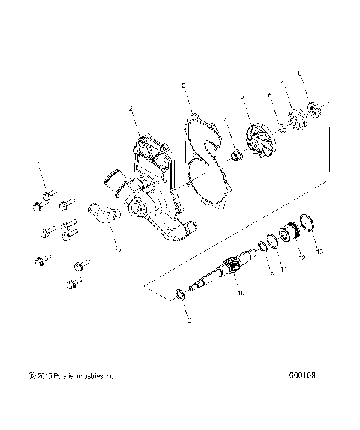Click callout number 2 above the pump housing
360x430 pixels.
pos(131,109)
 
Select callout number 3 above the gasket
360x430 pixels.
pos(184,87)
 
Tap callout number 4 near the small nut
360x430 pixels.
pos(223,121)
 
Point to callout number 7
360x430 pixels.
pos(281,81)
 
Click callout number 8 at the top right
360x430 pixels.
pos(299,74)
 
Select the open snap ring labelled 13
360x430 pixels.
pos(307,223)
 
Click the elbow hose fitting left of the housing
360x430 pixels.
pos(103,213)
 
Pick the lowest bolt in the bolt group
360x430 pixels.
pos(75,283)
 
